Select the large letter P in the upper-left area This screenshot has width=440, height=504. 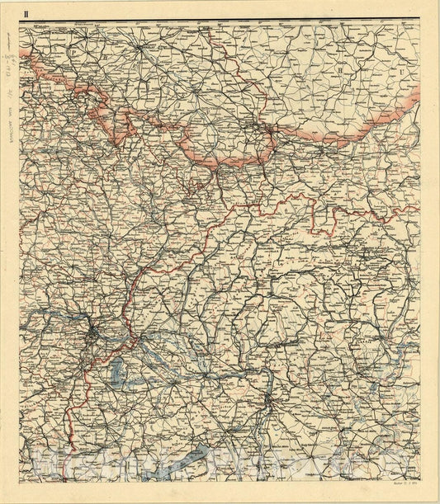click(73, 51)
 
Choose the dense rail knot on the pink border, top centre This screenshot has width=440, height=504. click(266, 134)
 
